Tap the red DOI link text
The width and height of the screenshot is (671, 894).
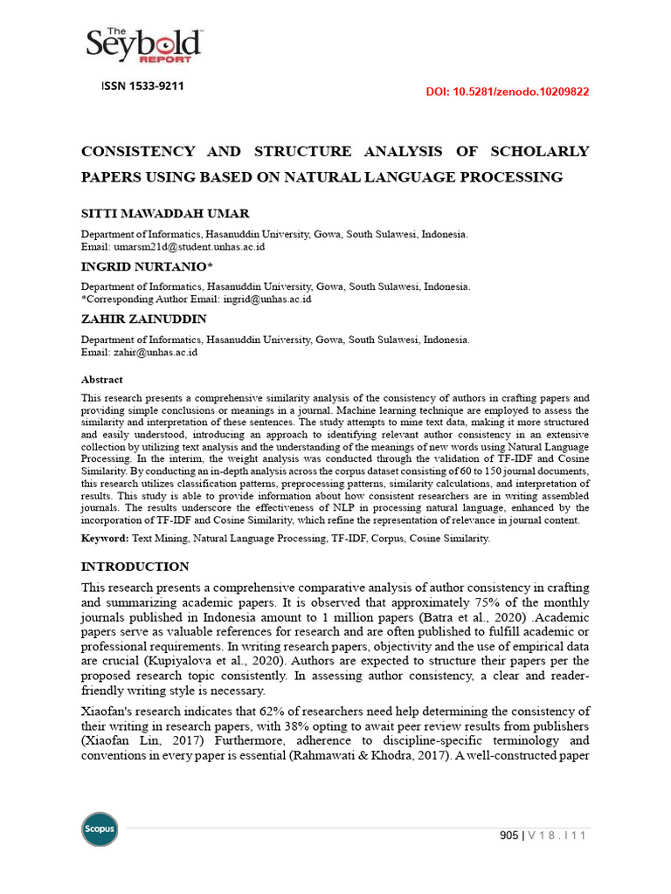[507, 91]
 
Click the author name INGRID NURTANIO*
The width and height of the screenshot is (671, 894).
[147, 266]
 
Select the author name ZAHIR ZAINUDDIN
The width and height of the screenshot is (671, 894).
[144, 320]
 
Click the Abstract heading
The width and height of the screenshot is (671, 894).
[102, 380]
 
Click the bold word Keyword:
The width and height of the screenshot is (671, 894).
[105, 539]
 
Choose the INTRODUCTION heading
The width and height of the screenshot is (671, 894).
[135, 567]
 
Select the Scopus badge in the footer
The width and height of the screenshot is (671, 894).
[100, 829]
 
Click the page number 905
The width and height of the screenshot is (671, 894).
[508, 836]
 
